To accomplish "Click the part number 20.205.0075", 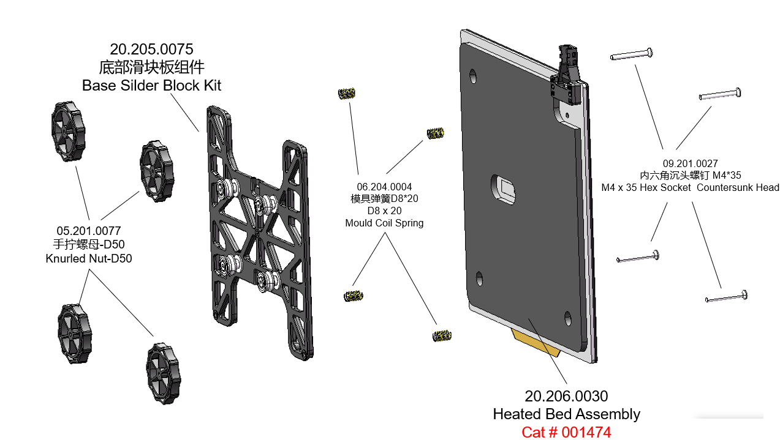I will point(151,49).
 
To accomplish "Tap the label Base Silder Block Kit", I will point(151,85).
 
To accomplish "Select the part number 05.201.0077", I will point(89,231).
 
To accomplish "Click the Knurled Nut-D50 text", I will point(89,259).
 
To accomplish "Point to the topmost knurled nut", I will point(67,132).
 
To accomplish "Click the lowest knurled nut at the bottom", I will point(164,373).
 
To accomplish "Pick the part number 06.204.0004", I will point(384,187).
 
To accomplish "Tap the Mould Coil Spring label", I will point(384,223).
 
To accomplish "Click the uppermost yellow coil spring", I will point(347,94).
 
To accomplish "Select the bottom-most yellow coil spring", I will point(442,335).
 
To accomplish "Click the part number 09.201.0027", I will point(690,163).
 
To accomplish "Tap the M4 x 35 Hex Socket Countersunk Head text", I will point(690,188).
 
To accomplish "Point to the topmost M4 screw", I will point(630,54).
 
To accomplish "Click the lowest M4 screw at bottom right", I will point(727,297).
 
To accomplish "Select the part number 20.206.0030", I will point(566,397).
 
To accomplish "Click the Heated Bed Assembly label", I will point(566,414).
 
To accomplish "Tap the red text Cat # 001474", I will point(566,433).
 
